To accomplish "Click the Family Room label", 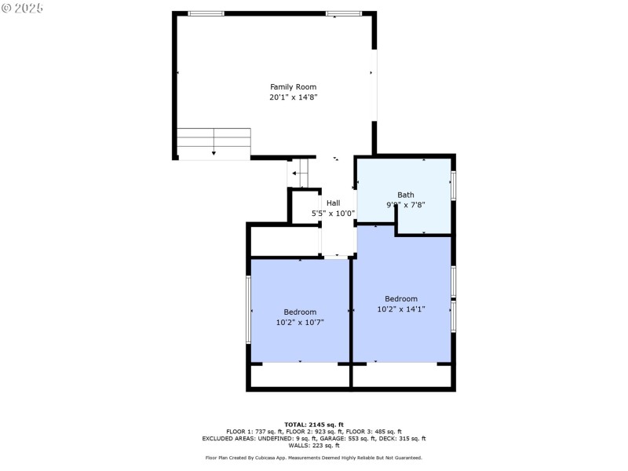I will tap(293, 86).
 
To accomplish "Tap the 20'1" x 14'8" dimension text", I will tap(293, 97).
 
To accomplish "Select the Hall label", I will tap(334, 203).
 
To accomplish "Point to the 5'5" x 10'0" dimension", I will tap(334, 214).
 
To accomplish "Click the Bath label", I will tap(405, 195).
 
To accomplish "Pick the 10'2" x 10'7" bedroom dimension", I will tap(300, 323).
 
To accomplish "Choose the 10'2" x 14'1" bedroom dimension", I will tap(401, 309).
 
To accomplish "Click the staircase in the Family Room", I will tap(214, 144).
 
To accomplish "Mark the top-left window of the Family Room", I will tap(206, 13).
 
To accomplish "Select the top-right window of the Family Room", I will tap(344, 13).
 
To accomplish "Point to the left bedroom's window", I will tap(249, 310).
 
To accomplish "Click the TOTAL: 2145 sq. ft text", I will tap(314, 425).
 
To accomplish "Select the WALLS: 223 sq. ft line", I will tap(314, 446).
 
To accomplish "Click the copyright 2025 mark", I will tap(23, 8).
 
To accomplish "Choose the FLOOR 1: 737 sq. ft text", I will tap(254, 432).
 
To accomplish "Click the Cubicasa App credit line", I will tap(314, 458).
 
